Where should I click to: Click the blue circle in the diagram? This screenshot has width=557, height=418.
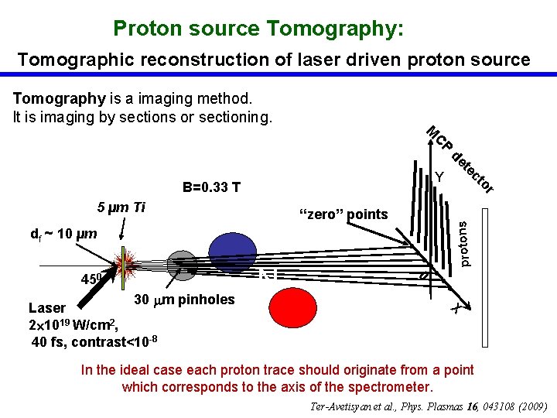[x=232, y=251]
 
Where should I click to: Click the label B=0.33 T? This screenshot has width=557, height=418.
[x=211, y=187]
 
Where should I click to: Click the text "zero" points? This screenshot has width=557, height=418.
[x=343, y=214]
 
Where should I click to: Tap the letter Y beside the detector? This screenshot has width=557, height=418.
[x=439, y=178]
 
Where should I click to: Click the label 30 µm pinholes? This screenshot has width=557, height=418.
[x=184, y=300]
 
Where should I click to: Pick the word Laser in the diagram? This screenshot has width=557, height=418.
[x=47, y=307]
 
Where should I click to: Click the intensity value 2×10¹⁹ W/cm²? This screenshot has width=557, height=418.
[x=72, y=324]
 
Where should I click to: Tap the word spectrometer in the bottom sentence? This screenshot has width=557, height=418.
[x=393, y=386]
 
